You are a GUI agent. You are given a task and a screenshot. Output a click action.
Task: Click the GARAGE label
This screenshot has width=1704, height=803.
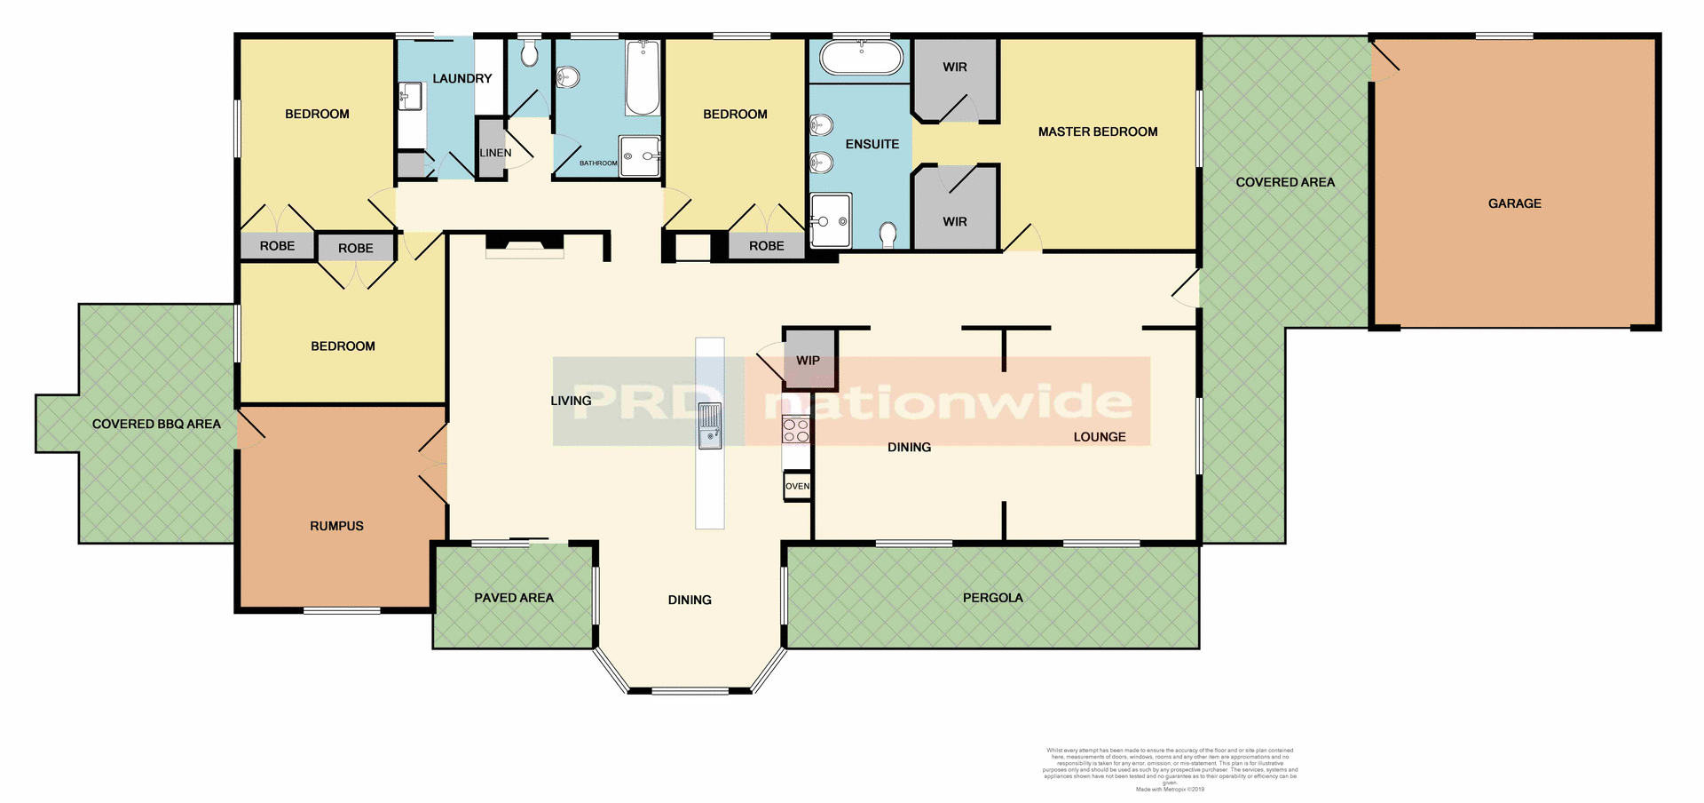(1514, 203)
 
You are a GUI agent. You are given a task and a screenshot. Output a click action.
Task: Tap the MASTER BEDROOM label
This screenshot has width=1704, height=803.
(1098, 131)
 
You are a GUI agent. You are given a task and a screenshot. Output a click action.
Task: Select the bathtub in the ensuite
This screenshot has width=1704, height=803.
(861, 59)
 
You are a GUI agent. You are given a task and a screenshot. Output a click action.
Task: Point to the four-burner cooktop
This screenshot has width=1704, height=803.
(796, 431)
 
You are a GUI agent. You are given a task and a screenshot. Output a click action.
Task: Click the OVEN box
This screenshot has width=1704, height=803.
(797, 486)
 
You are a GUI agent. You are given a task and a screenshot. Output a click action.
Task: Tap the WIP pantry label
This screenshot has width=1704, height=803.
(808, 361)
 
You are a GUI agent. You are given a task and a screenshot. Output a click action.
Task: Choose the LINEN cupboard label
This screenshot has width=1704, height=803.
(495, 153)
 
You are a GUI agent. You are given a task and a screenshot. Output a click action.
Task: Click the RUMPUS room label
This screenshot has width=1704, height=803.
(336, 526)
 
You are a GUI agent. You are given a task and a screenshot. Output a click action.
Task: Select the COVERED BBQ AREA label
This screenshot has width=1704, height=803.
(156, 424)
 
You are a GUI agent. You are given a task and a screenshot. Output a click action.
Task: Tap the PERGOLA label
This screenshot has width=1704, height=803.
(992, 598)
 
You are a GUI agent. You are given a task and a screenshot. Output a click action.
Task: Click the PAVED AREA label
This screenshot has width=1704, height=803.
(514, 598)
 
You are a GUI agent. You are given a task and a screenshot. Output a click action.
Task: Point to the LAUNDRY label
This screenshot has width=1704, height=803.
(461, 78)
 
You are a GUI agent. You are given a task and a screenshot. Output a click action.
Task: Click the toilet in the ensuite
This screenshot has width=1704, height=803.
(887, 234)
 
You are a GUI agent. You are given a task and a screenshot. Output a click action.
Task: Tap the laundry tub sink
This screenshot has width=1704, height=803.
(410, 96)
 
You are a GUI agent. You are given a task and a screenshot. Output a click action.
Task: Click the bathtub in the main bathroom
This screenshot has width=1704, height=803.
(643, 78)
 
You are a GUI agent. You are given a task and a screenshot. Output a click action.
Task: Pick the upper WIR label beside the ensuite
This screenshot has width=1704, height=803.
(955, 67)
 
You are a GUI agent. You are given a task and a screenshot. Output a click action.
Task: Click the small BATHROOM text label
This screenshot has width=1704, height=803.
(598, 163)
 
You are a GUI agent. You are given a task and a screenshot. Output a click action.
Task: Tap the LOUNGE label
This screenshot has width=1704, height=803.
(1099, 437)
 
